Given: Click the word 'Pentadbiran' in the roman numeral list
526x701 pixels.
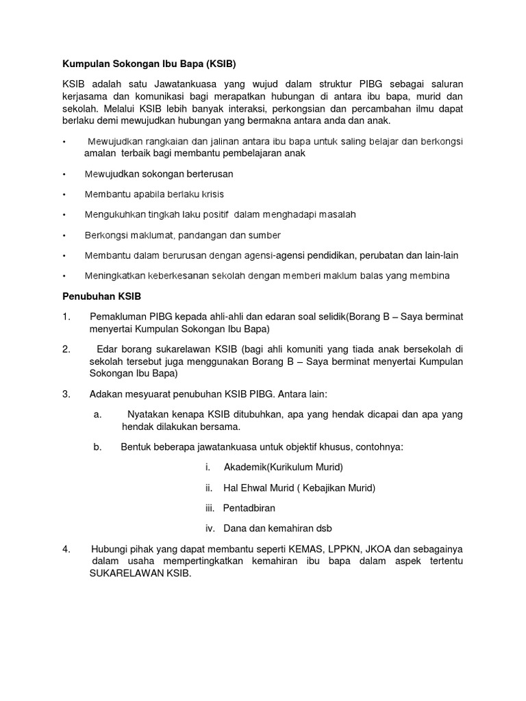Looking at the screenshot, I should (249, 508).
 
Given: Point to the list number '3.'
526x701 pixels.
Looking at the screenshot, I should (66, 394).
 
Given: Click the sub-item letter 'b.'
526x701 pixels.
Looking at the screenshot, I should (97, 447).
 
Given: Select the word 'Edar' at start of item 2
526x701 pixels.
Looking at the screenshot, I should (108, 348).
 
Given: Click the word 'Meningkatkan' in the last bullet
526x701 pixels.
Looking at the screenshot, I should (114, 275).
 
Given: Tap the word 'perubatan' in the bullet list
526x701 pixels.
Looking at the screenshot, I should (381, 255).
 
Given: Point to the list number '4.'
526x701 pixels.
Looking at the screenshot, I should (66, 548).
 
